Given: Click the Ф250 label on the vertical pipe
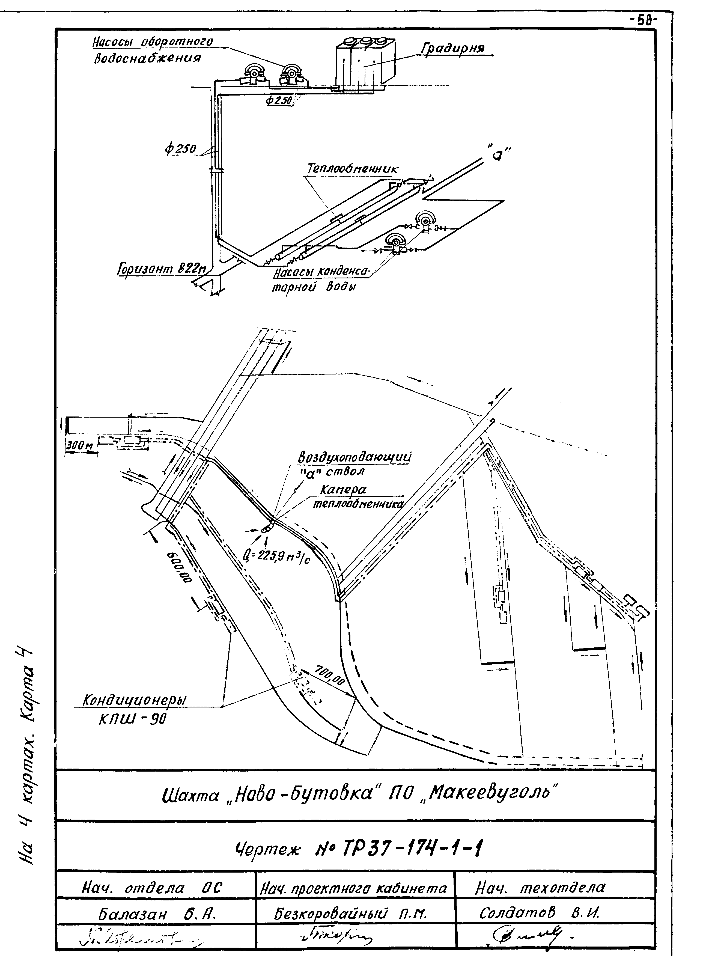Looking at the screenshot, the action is pyautogui.click(x=180, y=149).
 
